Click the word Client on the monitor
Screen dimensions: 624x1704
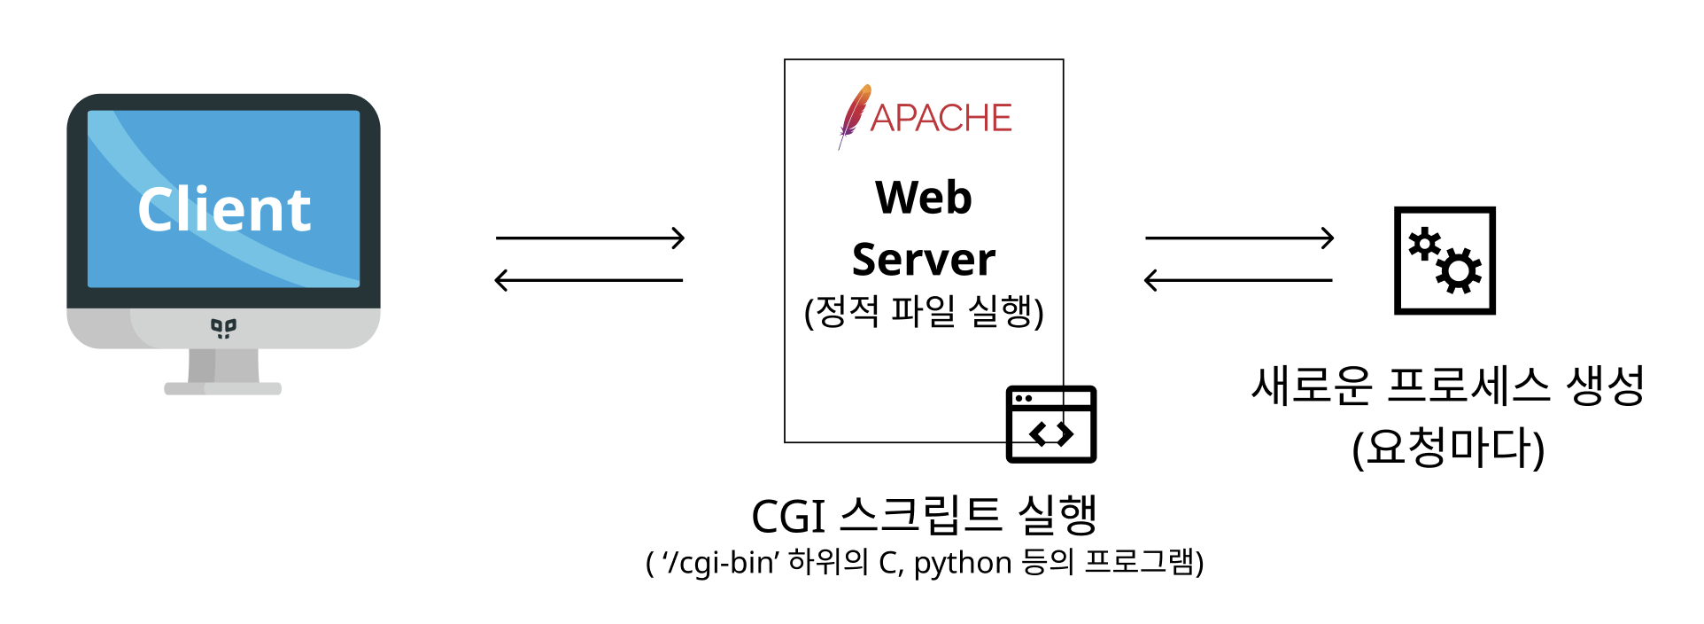click(224, 210)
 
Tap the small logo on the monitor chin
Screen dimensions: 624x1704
click(223, 328)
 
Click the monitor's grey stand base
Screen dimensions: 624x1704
click(223, 388)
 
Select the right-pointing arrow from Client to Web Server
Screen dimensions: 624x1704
click(590, 238)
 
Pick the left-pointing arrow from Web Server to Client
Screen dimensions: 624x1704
click(589, 280)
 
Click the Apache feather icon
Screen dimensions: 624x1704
click(854, 115)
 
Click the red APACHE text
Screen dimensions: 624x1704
click(941, 118)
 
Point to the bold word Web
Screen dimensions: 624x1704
click(923, 197)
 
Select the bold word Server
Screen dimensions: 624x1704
click(923, 259)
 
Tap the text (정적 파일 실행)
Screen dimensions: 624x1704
click(923, 311)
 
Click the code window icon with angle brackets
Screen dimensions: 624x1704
click(1051, 424)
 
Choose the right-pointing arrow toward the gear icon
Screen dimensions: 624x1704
click(1239, 238)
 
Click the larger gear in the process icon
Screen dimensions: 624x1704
click(1459, 271)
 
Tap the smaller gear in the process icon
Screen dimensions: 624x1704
click(1424, 243)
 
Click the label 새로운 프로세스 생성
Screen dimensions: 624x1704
click(1447, 386)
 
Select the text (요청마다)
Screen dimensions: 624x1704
click(1448, 448)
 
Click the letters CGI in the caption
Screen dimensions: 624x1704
click(788, 517)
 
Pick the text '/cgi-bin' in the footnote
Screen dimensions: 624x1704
click(721, 563)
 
